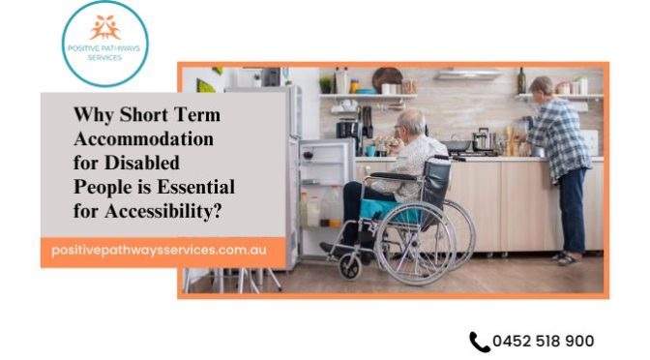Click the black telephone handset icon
pos(479,342)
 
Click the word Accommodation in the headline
pos(143,138)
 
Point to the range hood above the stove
pos(469,74)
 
